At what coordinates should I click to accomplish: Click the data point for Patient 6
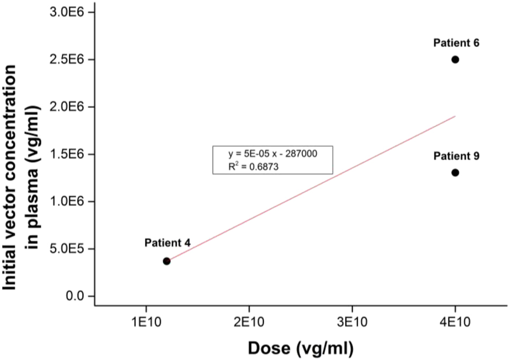tap(455, 59)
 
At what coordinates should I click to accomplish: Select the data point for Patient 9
tap(455, 172)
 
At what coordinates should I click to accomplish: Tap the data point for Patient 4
tap(167, 261)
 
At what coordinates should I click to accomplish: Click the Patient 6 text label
tap(456, 42)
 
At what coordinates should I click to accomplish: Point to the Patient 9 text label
tap(456, 156)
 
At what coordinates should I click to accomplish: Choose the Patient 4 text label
tap(167, 243)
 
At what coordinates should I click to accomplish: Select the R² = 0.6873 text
tap(253, 167)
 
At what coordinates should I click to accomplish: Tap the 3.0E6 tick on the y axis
tap(69, 12)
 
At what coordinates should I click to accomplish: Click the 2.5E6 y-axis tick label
tap(69, 59)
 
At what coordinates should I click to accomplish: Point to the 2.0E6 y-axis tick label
tap(69, 106)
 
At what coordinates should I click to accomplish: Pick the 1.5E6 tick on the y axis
tap(69, 154)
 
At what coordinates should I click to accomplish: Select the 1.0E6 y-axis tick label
tap(69, 201)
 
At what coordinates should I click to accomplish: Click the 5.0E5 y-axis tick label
tap(69, 249)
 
